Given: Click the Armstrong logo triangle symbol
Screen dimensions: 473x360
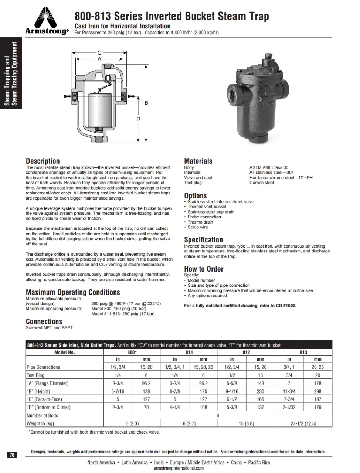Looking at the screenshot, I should pos(47,17).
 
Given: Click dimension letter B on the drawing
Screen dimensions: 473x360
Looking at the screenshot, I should pos(146,102).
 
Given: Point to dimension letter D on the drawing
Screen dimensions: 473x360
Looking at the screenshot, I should pos(138,119).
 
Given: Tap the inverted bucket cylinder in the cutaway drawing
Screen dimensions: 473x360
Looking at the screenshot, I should pos(99,109).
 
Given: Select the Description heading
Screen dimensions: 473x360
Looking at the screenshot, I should pos(43,161).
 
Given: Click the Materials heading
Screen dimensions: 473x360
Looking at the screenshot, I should pos(198,161).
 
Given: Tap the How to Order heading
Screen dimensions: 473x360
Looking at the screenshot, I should pos(204,269).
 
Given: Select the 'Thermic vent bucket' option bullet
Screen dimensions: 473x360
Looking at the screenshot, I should pos(207,207).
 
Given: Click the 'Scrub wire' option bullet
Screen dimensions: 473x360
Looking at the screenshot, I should pos(198,227).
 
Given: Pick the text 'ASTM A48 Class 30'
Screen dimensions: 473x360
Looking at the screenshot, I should pos(269,167).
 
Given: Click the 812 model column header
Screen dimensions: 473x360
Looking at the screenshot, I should pos(246,352).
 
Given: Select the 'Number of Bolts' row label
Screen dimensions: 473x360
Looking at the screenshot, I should pos(42,415).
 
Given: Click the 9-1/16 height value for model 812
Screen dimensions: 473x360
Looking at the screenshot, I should pos(232,391).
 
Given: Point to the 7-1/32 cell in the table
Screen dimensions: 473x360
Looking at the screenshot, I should pos(289,407).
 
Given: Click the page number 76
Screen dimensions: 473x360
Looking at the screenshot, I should pos(12,455).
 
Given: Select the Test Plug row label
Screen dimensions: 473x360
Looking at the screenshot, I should pos(35,375).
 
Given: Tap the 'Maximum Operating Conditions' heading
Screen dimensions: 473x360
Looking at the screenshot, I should pos(73,292).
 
